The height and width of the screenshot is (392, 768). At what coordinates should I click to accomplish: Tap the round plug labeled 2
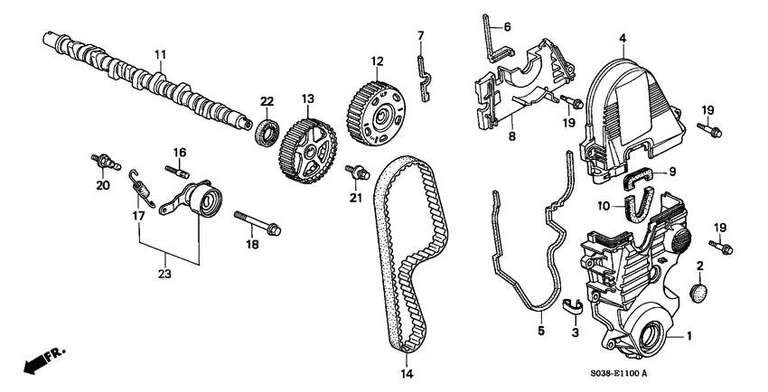(x=698, y=293)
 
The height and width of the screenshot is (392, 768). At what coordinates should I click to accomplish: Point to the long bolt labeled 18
(x=258, y=222)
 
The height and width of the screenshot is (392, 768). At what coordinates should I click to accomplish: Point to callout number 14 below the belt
(x=405, y=372)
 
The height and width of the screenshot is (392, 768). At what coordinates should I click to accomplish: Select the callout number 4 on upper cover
(x=623, y=38)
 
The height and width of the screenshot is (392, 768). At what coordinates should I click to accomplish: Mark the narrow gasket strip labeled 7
(x=420, y=67)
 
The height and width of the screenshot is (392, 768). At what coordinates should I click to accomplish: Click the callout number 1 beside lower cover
(x=690, y=336)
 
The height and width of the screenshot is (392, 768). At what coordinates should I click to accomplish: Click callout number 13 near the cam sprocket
(x=307, y=98)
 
